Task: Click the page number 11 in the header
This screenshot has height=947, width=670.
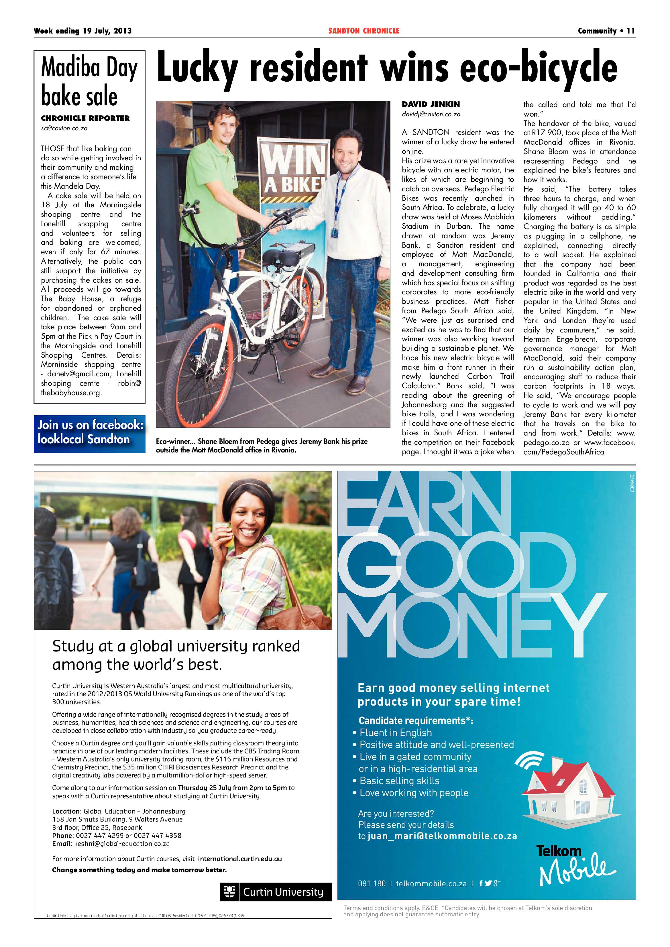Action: pos(630,31)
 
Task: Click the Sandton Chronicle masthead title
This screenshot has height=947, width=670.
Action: pos(364,31)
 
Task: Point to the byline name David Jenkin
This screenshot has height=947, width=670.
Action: pos(431,104)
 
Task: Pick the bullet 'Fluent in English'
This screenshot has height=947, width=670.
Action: pos(395,733)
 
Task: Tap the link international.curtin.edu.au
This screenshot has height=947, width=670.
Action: pos(240,859)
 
